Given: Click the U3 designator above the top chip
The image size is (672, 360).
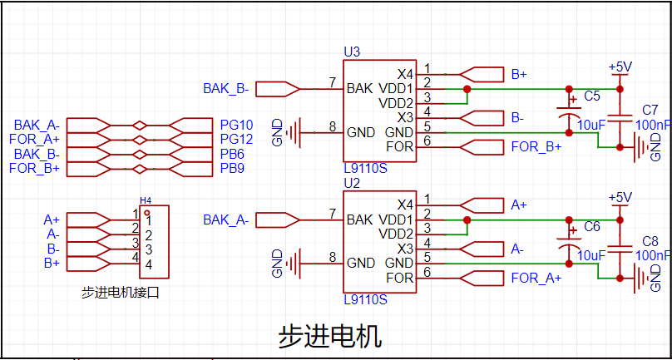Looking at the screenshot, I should click(x=352, y=52).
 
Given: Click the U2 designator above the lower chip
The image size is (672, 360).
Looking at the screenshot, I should click(x=352, y=182).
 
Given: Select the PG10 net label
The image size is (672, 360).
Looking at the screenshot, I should click(x=236, y=125).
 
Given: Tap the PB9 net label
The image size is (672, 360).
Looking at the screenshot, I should click(x=232, y=169).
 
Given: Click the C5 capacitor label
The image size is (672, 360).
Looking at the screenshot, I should click(x=591, y=96).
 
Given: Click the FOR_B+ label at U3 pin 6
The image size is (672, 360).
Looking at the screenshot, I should click(x=536, y=147).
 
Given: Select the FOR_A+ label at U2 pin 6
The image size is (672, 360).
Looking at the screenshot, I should click(x=536, y=278).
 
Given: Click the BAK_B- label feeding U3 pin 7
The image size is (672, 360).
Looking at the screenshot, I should click(x=226, y=88).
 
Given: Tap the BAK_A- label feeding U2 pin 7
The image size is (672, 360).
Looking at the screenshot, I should click(x=226, y=219).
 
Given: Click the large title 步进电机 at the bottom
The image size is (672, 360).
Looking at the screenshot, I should click(x=329, y=336).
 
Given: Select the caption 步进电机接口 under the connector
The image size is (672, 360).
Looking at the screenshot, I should click(x=120, y=293).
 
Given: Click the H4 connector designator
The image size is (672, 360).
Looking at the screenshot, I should click(x=146, y=200).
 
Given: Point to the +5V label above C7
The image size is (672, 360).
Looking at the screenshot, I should click(x=620, y=67).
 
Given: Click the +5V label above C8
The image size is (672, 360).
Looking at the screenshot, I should click(x=620, y=197).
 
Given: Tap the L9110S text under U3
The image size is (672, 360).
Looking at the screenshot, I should click(x=365, y=168).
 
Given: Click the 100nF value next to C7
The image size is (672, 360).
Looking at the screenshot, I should click(x=652, y=124).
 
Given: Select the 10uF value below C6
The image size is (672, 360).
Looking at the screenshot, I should click(x=590, y=255).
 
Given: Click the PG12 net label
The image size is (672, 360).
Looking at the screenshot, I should click(x=236, y=139).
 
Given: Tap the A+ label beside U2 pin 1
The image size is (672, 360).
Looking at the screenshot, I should click(x=519, y=205).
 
